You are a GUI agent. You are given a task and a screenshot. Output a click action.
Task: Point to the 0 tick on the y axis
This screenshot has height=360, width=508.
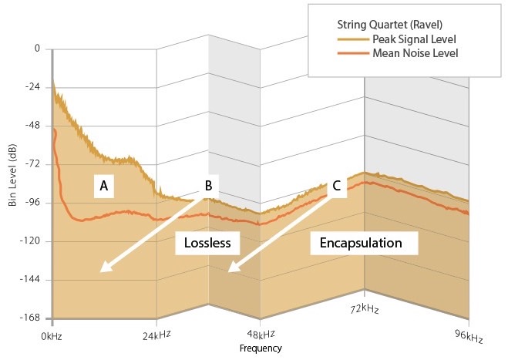point(35,49)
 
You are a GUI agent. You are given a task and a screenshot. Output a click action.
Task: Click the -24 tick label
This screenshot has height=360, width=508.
point(32,87)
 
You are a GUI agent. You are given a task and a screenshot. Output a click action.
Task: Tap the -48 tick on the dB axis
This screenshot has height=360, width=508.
point(32,126)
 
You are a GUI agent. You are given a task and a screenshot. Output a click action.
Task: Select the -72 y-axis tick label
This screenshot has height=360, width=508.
point(32,164)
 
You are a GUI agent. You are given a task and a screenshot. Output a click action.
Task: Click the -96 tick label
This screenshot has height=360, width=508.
point(32,203)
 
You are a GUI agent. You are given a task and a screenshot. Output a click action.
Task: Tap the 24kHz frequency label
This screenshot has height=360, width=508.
point(157,335)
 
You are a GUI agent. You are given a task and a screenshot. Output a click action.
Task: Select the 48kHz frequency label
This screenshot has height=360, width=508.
point(261,336)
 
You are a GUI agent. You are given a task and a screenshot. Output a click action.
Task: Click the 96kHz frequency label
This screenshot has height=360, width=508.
point(469,338)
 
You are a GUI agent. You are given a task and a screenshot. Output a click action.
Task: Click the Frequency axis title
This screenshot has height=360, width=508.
point(261,348)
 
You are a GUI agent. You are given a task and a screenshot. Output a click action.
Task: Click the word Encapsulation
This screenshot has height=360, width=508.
point(361,243)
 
